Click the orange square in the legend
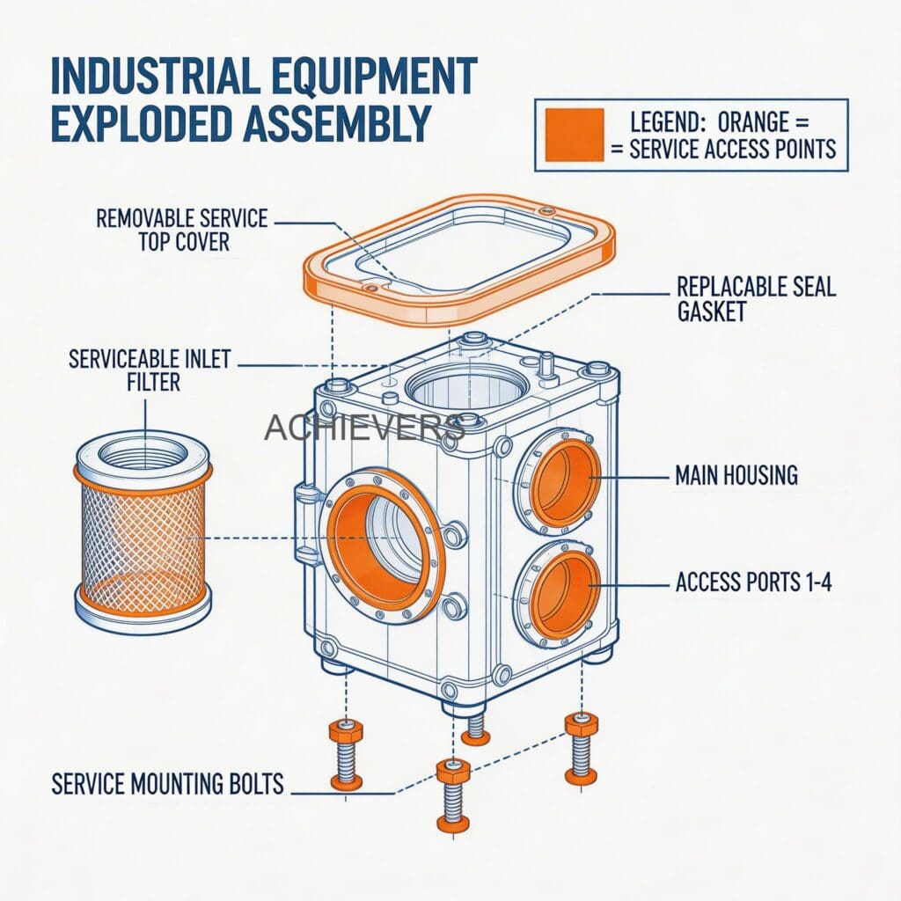pyautogui.click(x=574, y=135)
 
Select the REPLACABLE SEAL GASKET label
pyautogui.click(x=756, y=298)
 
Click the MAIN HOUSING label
pyautogui.click(x=736, y=476)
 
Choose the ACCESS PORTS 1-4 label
pyautogui.click(x=753, y=582)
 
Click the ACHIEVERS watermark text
pyautogui.click(x=363, y=428)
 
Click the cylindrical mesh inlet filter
pyautogui.click(x=143, y=536)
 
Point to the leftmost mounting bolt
pyautogui.click(x=346, y=754)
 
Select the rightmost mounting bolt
pyautogui.click(x=582, y=749)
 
